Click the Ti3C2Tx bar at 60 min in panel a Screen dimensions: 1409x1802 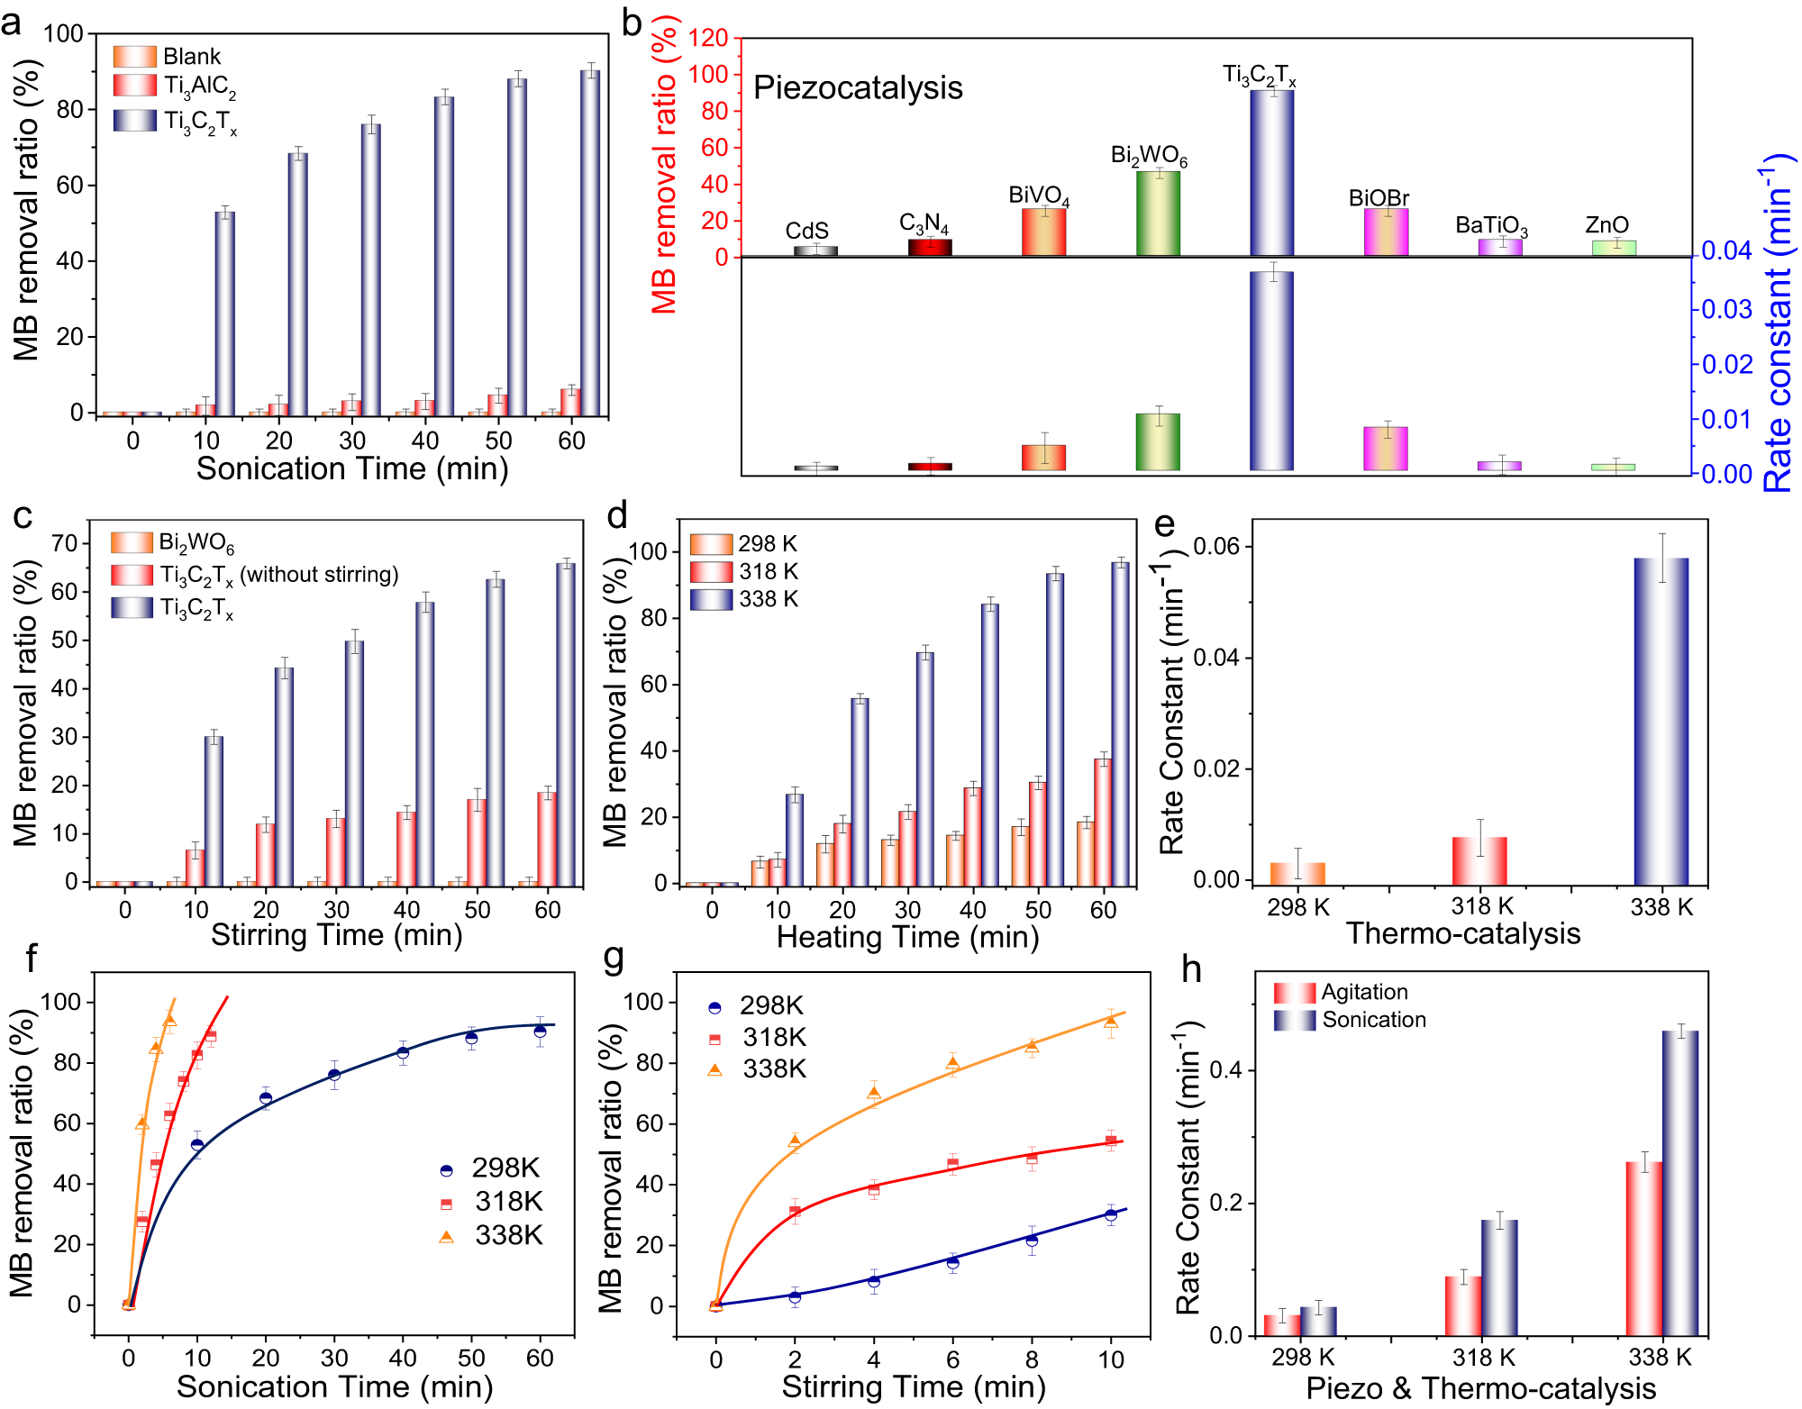pos(590,243)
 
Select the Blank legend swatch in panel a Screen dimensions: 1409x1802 pos(134,57)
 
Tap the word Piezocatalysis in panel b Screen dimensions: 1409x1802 pos(857,88)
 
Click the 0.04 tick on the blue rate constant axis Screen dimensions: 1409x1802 pos(1725,250)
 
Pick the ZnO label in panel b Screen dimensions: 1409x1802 pos(1606,225)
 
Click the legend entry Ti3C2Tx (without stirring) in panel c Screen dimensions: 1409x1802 pos(278,576)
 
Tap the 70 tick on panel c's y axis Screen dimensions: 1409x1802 pos(66,543)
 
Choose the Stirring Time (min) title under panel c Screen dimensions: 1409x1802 pos(336,935)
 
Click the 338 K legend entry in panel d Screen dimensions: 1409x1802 pos(768,599)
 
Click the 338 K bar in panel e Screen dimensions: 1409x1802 pos(1661,721)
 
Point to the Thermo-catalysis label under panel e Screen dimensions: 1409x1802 pos(1462,933)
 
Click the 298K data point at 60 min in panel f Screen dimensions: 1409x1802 pos(540,1031)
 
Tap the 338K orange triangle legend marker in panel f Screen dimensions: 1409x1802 pos(446,1236)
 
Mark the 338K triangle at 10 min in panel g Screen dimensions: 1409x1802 pos(1111,1022)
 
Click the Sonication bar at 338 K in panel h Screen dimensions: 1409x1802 pos(1679,1182)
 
